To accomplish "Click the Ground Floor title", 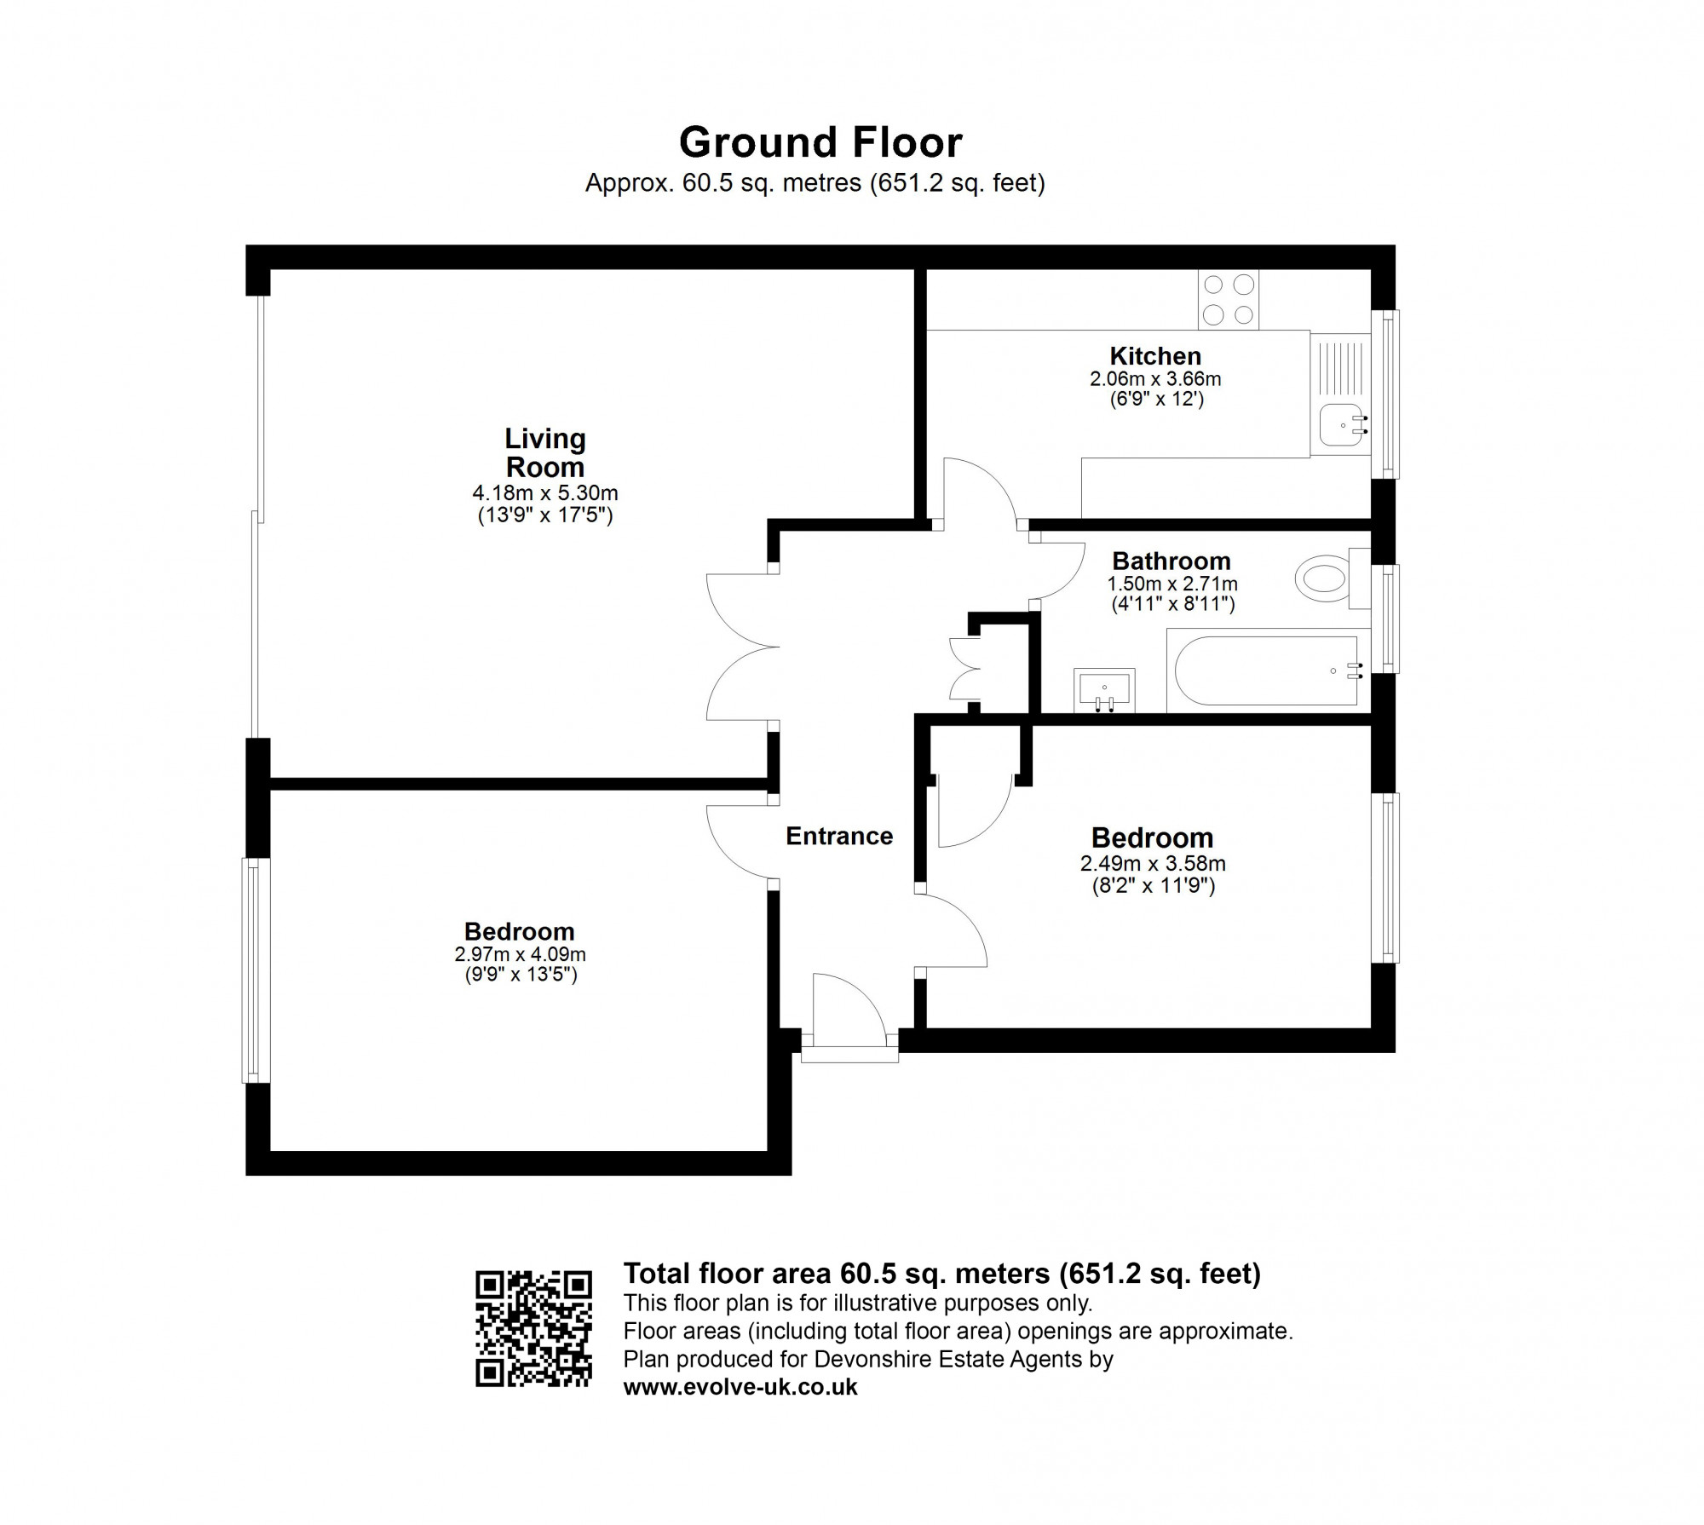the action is [820, 142].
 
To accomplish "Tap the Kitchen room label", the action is [1155, 356].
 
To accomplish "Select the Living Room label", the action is [545, 452].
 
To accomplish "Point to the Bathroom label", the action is [1171, 561].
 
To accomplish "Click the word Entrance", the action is [839, 837].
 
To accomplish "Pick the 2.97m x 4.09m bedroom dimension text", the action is [521, 955].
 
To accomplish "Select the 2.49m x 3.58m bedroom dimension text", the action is [1154, 864].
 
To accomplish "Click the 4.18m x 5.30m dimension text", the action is [545, 493].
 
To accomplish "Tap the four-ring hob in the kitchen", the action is [1229, 299].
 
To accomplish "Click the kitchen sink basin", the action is [1341, 425].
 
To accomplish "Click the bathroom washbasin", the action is [1104, 688].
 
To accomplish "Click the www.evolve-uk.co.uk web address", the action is [740, 1388].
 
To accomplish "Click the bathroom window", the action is [1385, 619].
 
